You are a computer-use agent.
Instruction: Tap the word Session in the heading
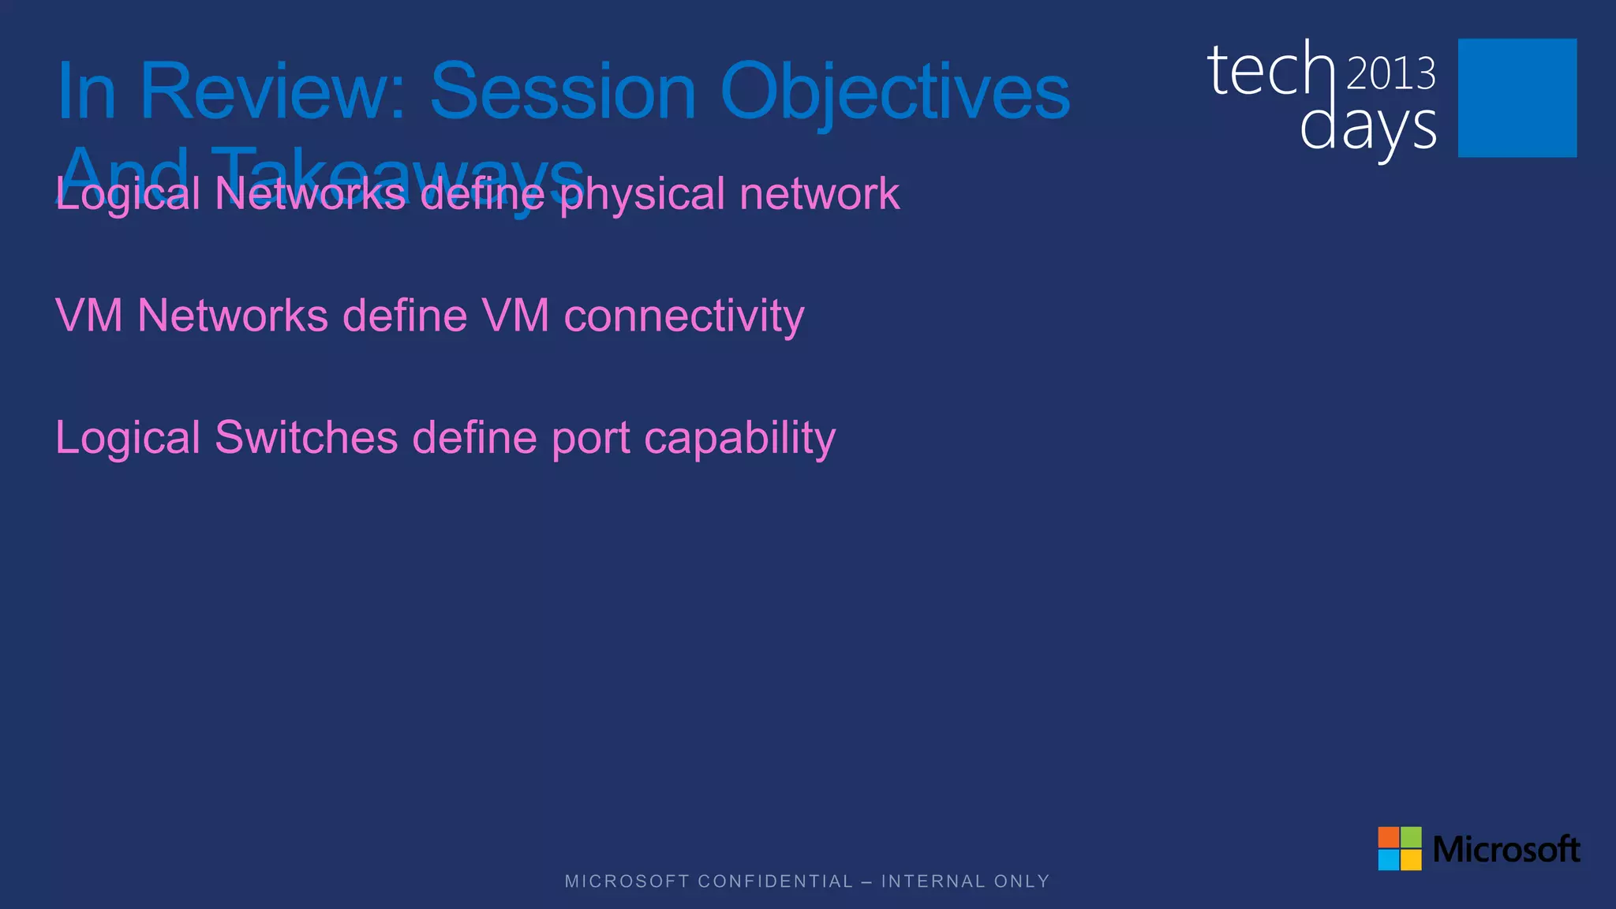563,92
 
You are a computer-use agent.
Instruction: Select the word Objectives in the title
895,92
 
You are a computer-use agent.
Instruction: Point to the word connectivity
684,316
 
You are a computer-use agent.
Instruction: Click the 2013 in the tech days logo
1390,74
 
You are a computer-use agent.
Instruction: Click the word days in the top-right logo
1367,128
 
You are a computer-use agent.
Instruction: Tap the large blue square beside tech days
1517,98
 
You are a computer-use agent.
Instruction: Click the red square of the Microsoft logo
1389,837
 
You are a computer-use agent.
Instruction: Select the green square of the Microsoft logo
1411,837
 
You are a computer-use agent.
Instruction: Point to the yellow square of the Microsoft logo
1411,859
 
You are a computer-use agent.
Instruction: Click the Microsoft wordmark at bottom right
1506,849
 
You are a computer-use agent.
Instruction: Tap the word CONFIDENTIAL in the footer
776,881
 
